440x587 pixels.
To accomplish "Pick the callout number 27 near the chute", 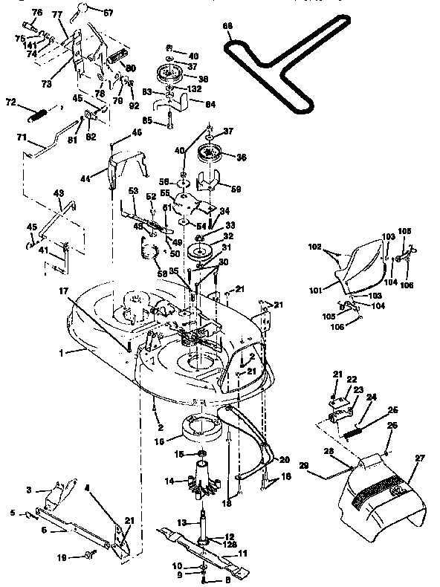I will coord(419,458).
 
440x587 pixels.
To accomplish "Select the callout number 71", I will coord(22,138).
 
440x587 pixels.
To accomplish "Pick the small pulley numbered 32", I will coord(200,250).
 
